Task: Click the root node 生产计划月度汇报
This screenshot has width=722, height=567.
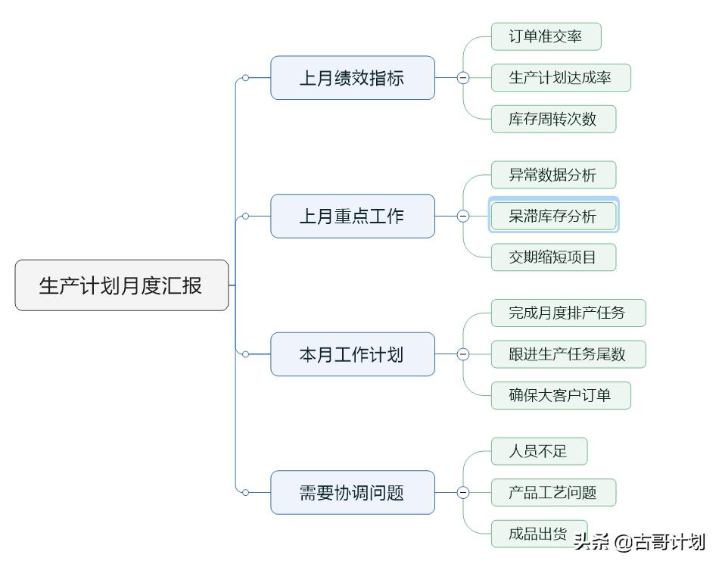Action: click(x=121, y=285)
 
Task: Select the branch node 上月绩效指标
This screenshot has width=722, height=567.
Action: click(x=353, y=78)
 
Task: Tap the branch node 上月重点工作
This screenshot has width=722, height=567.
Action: click(x=353, y=217)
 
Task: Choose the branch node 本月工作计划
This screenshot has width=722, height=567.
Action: click(x=353, y=354)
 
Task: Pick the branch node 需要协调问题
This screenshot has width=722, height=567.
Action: click(x=353, y=493)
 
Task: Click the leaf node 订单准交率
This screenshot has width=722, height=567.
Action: click(x=546, y=37)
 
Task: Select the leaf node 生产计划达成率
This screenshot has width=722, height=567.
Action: click(x=560, y=78)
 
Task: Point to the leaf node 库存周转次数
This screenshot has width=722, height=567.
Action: click(x=552, y=119)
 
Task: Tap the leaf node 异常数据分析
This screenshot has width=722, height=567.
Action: click(x=552, y=175)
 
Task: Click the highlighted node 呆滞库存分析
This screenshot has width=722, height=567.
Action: click(x=552, y=217)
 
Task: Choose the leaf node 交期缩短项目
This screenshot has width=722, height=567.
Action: click(x=552, y=257)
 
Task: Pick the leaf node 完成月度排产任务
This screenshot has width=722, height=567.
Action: click(x=568, y=313)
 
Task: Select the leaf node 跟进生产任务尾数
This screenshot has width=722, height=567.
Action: click(x=568, y=354)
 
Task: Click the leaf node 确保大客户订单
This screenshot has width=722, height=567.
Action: click(x=560, y=395)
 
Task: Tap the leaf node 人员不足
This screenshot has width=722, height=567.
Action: click(x=538, y=452)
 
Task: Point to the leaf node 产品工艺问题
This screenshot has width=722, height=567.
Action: click(x=552, y=493)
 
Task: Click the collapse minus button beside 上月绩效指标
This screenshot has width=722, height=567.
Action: click(x=463, y=78)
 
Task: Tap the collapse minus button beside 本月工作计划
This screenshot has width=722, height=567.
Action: click(x=463, y=354)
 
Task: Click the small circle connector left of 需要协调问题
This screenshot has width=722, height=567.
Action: click(x=245, y=493)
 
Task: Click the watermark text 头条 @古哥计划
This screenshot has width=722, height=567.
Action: click(x=640, y=542)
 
